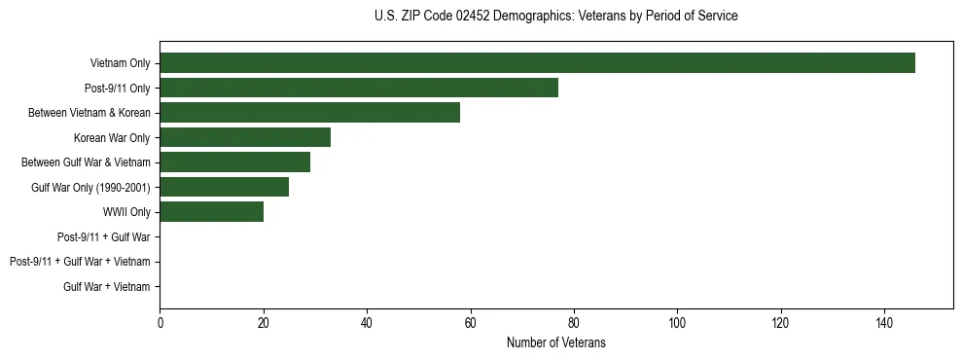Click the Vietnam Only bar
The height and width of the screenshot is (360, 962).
537,63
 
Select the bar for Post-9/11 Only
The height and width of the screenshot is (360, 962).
359,88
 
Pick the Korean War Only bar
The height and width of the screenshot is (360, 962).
245,137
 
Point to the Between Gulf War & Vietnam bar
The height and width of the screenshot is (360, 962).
234,162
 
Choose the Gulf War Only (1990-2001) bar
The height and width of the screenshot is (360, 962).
224,187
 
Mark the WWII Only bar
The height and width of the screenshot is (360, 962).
211,212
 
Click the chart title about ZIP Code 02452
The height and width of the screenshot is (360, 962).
555,17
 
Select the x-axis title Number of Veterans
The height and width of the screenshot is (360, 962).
555,342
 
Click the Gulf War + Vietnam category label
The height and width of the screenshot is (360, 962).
107,286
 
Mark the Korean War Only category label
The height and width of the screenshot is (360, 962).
112,137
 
